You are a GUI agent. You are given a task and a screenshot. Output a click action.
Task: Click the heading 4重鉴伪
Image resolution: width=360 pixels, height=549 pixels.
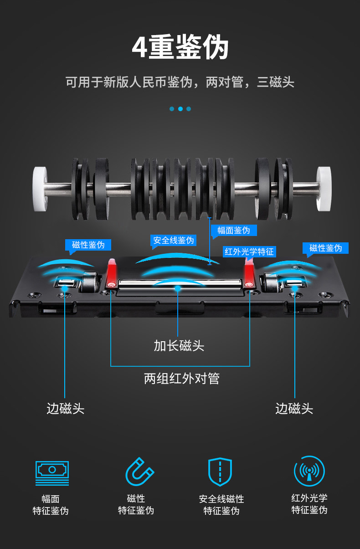tap(180, 48)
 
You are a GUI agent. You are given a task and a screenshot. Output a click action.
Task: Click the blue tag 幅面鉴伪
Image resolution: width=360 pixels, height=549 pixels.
tap(234, 230)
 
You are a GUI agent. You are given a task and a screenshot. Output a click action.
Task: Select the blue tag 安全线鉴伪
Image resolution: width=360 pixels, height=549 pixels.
tap(173, 240)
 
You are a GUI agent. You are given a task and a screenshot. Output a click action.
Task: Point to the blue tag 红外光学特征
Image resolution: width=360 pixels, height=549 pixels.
tap(249, 251)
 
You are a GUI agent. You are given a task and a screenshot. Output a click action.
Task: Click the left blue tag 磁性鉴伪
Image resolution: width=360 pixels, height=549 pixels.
tap(88, 245)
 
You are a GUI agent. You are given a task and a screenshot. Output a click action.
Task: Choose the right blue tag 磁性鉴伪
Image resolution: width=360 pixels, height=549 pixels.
tap(325, 248)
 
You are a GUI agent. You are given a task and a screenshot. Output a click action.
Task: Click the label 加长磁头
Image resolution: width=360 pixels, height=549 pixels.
tap(179, 346)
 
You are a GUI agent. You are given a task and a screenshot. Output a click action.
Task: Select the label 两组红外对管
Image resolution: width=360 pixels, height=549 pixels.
tap(182, 379)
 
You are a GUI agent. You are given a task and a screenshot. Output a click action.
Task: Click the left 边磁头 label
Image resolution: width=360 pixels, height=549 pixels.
tap(65, 408)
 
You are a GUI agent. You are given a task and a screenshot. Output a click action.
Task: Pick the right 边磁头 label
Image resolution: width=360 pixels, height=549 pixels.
tap(294, 408)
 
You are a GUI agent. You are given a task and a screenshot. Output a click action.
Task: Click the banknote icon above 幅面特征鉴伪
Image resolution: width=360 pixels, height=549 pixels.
tap(52, 472)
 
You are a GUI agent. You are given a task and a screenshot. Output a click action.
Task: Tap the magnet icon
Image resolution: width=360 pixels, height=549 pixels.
tap(139, 472)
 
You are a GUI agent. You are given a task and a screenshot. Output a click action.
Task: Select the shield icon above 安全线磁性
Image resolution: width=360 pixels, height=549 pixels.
tap(220, 472)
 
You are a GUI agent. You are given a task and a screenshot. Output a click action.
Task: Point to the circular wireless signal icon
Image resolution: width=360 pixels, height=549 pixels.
tap(309, 471)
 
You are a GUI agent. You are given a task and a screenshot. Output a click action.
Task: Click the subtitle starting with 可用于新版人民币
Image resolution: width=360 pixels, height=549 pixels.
tap(180, 82)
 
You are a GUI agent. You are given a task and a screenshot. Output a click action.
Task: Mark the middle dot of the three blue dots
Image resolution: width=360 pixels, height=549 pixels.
tap(180, 109)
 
